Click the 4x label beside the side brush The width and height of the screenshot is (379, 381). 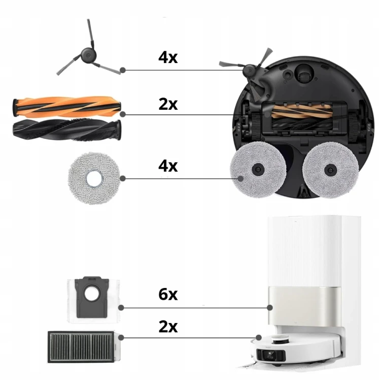(168, 57)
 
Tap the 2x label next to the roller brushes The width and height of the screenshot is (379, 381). (168, 104)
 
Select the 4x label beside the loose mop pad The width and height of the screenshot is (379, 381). (168, 166)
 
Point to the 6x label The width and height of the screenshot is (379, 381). (168, 294)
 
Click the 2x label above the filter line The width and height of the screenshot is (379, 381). (168, 327)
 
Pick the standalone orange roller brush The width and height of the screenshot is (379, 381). (67, 107)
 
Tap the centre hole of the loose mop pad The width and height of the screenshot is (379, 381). (94, 180)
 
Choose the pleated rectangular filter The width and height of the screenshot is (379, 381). (81, 347)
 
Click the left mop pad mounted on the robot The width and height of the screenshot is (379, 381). (258, 170)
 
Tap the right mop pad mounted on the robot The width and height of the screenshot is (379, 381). (330, 170)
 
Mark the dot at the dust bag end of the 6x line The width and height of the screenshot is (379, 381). (121, 308)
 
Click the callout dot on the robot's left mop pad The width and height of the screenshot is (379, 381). (240, 179)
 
